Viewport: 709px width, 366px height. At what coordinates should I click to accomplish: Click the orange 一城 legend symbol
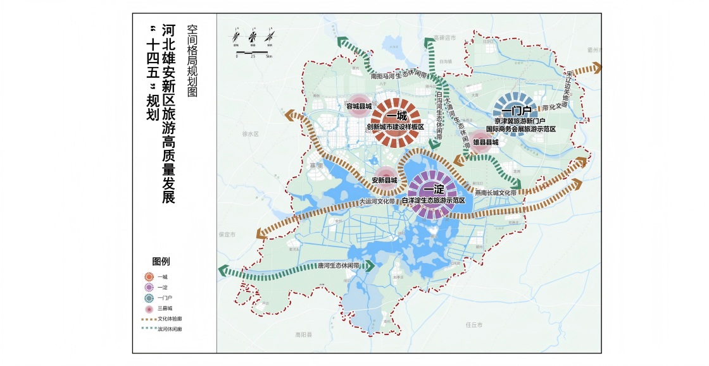coord(148,276)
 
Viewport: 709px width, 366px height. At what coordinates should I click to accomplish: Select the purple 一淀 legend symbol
coord(148,286)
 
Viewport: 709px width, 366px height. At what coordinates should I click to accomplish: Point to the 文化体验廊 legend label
coord(170,319)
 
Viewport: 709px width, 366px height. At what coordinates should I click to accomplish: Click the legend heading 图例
coord(161,260)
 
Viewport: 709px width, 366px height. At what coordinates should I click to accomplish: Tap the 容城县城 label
coord(358,106)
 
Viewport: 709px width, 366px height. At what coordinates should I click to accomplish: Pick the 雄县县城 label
coord(486,143)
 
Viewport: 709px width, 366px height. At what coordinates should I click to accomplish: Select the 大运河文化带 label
coord(377,202)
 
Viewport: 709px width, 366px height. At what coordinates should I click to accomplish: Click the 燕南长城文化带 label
coord(500,192)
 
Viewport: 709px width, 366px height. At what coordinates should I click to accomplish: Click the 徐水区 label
coord(251,134)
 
